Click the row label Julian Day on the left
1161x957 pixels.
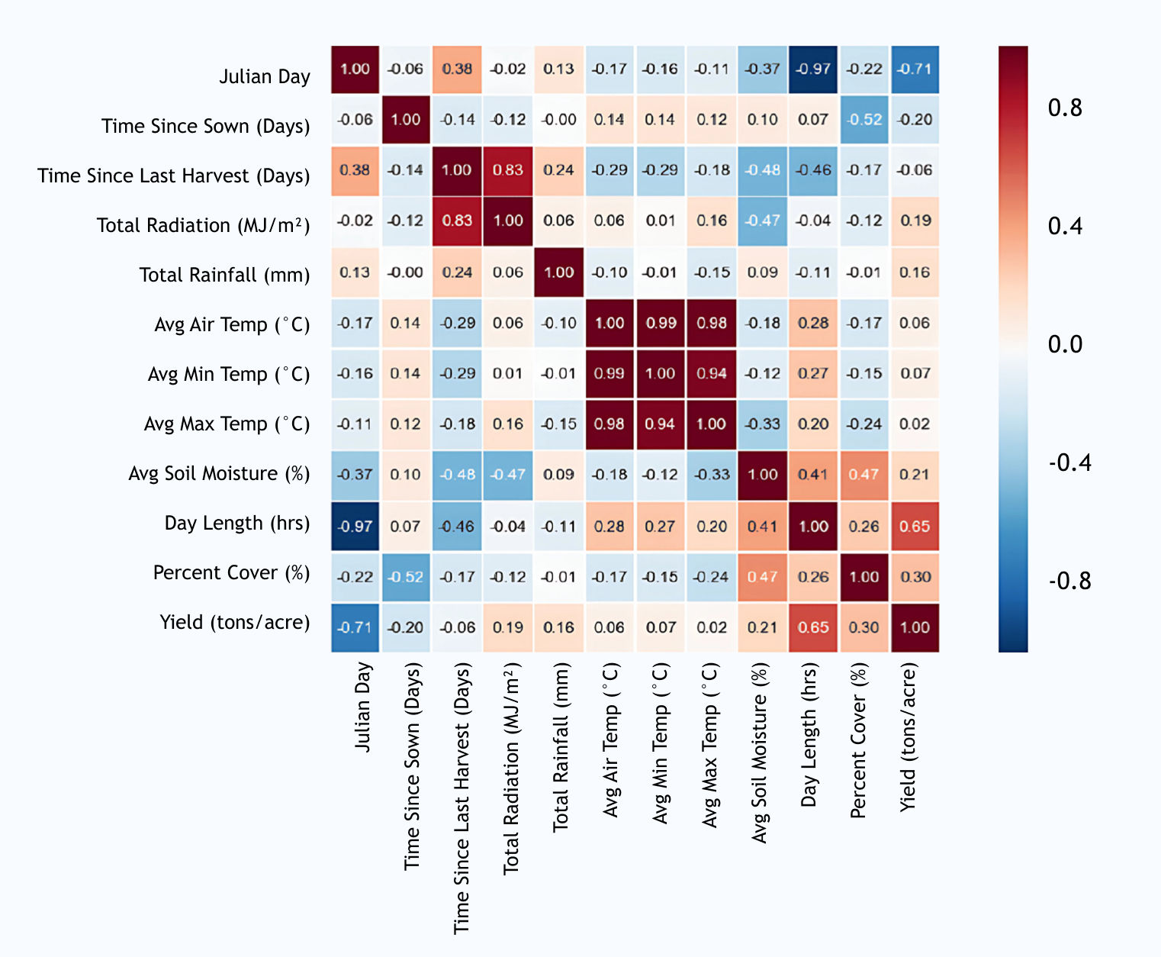tap(264, 76)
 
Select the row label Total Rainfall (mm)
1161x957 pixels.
tap(224, 275)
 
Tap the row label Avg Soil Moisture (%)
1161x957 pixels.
tap(219, 473)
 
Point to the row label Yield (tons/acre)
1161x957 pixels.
tap(234, 622)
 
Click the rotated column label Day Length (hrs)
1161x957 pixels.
tap(809, 734)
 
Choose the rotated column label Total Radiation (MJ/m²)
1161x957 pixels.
tap(511, 767)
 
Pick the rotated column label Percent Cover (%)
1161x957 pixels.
tap(859, 741)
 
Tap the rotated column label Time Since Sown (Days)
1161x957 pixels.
tap(412, 766)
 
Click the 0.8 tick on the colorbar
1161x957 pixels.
tap(1065, 108)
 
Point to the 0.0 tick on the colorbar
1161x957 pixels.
tap(1065, 344)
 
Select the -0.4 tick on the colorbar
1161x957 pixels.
tap(1069, 462)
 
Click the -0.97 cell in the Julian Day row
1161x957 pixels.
tap(813, 69)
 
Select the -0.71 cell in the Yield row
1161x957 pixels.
tap(355, 627)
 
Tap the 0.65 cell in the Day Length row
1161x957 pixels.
tap(915, 527)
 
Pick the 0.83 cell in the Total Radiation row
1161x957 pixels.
tap(457, 221)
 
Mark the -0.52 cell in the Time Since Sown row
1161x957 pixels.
tap(864, 120)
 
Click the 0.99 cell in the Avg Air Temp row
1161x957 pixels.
tap(661, 323)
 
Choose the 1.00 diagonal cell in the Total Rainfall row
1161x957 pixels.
tap(559, 272)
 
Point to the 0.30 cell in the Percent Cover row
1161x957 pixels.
tap(915, 577)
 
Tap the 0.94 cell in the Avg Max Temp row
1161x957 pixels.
tap(661, 424)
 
